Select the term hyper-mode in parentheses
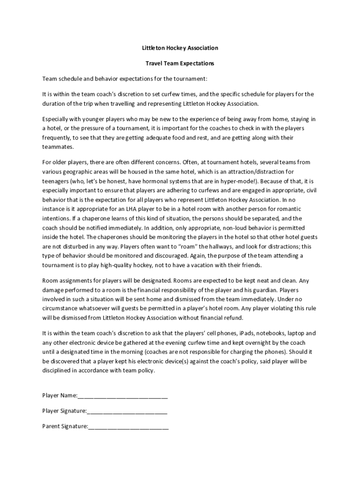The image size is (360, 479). (236, 181)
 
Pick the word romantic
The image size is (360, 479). (289, 208)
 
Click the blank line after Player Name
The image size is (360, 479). (122, 396)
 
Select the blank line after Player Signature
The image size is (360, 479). (127, 411)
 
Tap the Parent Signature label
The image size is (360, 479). (65, 426)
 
